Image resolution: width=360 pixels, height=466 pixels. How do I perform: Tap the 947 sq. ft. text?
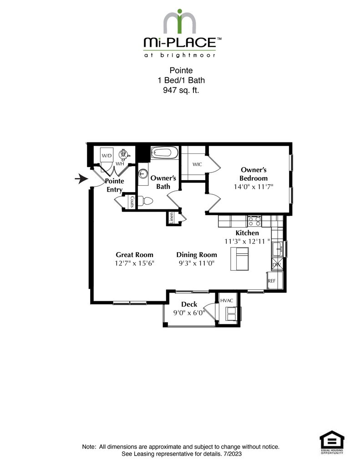pos(181,90)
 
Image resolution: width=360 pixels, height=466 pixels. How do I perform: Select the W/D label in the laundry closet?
pos(106,156)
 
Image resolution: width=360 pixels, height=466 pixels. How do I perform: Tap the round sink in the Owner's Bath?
pos(144,173)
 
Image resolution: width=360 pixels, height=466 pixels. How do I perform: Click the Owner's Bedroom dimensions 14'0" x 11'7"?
pos(254,187)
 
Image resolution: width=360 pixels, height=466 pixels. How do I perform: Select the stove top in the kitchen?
pos(254,221)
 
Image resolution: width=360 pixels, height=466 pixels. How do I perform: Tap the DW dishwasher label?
pos(276,264)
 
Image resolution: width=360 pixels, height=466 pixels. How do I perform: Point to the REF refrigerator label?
pos(272,281)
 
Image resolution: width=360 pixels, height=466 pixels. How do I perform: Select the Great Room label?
pos(134,254)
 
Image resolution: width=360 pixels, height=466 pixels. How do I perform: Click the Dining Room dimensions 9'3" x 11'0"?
pos(196,263)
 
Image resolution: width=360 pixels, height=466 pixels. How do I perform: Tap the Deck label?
pos(188,304)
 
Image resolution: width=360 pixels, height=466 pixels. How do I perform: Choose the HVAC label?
pos(226,301)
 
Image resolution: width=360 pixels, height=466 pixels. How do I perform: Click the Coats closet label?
pos(132,202)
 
